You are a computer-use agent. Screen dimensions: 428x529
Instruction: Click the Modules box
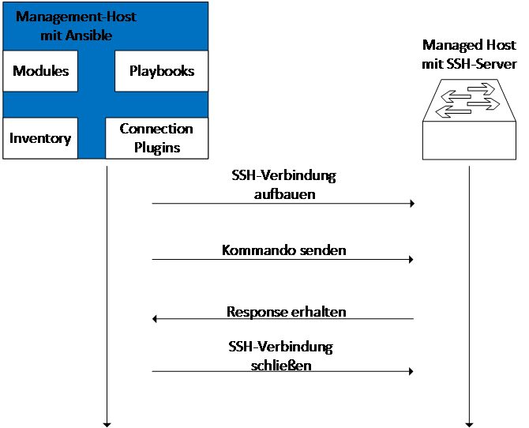[41, 72]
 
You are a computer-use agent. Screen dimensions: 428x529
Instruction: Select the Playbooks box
[162, 72]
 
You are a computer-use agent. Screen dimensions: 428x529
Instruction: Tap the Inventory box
[40, 139]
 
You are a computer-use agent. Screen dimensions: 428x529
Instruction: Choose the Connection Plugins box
[156, 138]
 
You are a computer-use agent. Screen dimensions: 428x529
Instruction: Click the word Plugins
[156, 148]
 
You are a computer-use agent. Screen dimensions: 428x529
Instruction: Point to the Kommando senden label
[285, 251]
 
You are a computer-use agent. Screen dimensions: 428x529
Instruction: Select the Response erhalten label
[285, 312]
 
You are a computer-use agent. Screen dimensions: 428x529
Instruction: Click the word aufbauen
[285, 193]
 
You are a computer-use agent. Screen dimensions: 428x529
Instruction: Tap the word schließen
[282, 366]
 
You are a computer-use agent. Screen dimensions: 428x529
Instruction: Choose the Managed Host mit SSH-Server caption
[469, 53]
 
